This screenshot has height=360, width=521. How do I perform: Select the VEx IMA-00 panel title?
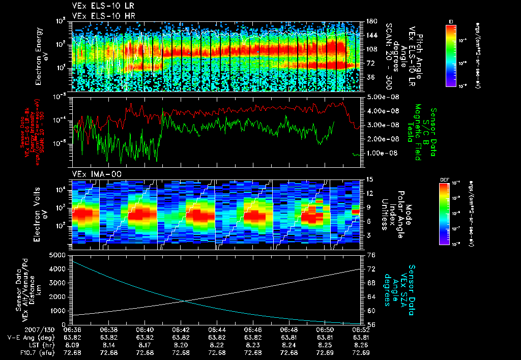tap(93, 174)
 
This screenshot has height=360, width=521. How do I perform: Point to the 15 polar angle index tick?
tap(370, 179)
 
